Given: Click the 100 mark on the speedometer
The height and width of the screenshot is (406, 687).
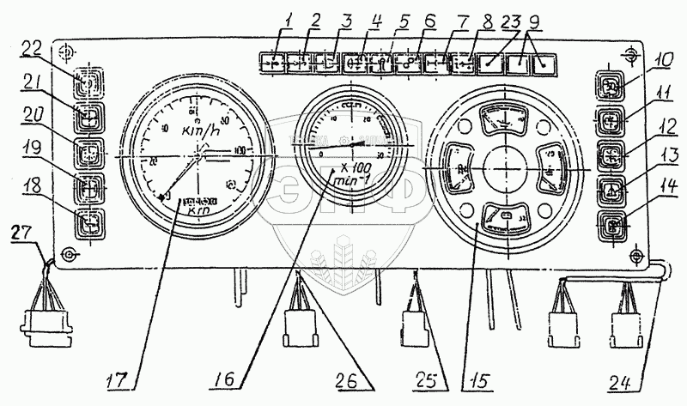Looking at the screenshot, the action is pyautogui.click(x=240, y=151).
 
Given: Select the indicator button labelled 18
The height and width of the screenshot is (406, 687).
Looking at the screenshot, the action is pyautogui.click(x=88, y=223).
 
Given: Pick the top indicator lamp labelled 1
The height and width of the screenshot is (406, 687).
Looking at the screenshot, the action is pyautogui.click(x=272, y=63).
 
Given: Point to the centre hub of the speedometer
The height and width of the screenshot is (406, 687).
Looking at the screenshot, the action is pyautogui.click(x=198, y=158).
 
